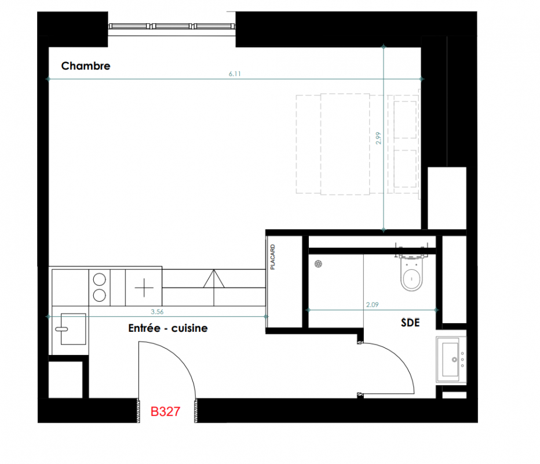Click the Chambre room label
(86, 66)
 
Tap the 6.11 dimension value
(235, 74)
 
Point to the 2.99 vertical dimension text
(378, 138)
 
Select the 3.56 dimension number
(157, 311)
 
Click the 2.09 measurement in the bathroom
(372, 304)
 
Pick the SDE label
(410, 322)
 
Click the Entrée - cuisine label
(167, 328)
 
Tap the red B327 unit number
(165, 411)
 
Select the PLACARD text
(273, 257)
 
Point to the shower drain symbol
(318, 264)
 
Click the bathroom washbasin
(451, 360)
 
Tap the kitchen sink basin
(73, 329)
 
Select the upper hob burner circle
(100, 279)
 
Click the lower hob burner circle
(100, 295)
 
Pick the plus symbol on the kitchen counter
(144, 288)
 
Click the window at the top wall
(172, 27)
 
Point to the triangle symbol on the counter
(214, 279)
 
